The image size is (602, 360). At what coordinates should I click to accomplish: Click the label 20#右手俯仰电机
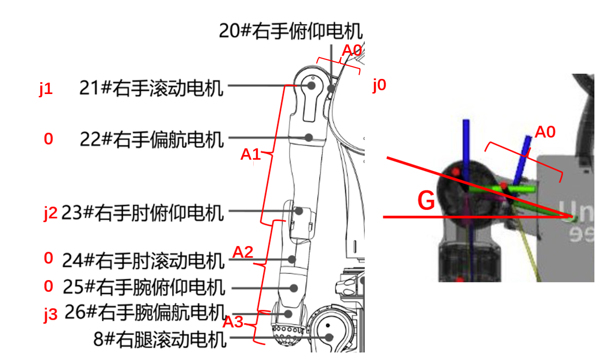click(291, 31)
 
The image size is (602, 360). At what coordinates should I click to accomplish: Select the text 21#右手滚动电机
click(151, 88)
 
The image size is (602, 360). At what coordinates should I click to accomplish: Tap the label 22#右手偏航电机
click(151, 139)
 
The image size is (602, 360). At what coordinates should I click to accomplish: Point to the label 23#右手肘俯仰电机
click(142, 213)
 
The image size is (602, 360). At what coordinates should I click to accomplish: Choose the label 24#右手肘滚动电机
click(142, 260)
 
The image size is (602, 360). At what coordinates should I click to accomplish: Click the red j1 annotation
click(45, 89)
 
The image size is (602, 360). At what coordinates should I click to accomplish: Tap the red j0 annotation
click(379, 86)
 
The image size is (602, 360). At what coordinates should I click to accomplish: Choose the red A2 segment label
click(243, 252)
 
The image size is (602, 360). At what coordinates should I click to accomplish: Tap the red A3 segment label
click(233, 322)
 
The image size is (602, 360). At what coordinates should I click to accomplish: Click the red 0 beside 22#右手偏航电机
click(48, 139)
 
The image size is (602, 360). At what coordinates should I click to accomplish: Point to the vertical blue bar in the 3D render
click(466, 146)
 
